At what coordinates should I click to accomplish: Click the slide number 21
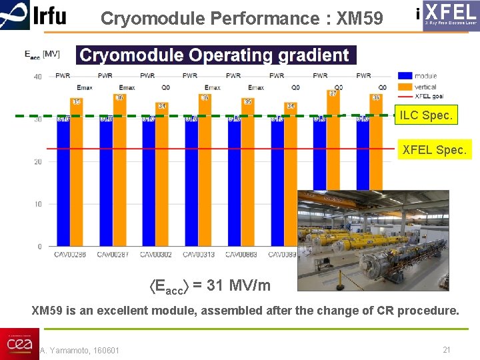pos(447,350)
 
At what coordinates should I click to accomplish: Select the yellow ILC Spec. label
pos(427,115)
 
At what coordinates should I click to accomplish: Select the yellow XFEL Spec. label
pos(435,150)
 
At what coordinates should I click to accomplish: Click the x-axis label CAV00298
pos(70,255)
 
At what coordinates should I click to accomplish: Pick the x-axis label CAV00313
pos(199,255)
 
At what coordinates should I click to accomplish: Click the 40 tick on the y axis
pos(38,77)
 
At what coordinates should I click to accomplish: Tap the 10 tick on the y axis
pos(39,204)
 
